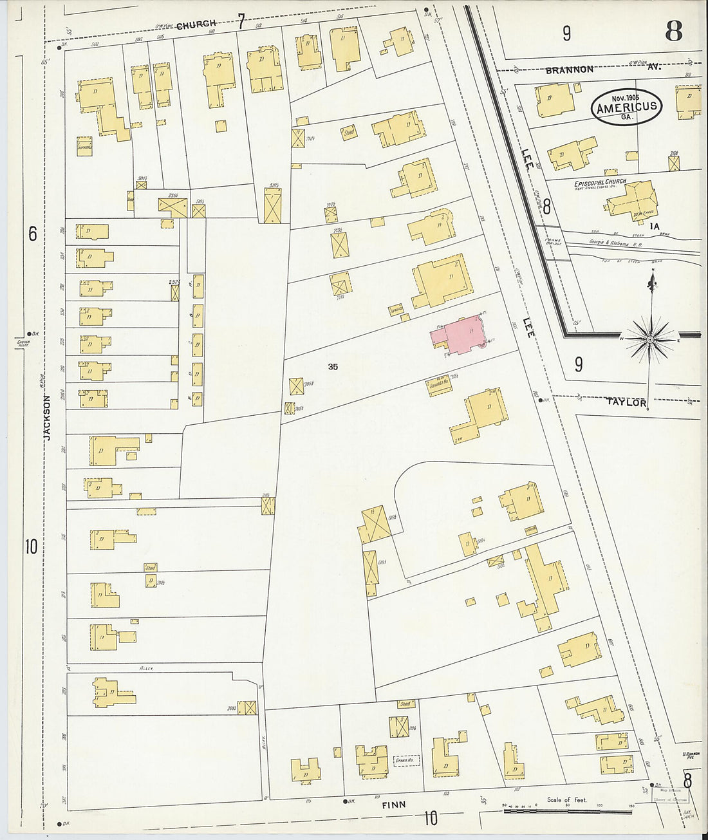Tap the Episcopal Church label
(600, 183)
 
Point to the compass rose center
(650, 339)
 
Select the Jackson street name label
(47, 418)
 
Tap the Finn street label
(395, 805)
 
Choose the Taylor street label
(626, 402)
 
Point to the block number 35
(332, 367)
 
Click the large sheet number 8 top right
(673, 31)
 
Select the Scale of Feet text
(566, 799)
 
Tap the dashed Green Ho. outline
(407, 760)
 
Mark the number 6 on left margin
(32, 234)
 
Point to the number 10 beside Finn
(431, 818)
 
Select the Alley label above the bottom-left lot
(145, 669)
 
